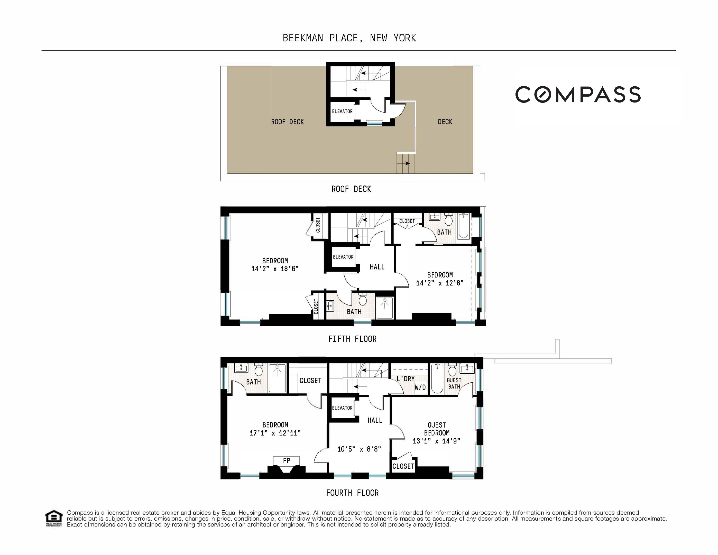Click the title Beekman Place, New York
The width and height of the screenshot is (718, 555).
click(349, 38)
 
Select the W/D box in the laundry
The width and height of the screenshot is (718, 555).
click(420, 387)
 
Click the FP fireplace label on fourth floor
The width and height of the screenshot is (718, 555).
click(286, 461)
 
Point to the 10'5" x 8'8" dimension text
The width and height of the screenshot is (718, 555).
click(359, 449)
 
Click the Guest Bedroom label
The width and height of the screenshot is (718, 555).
click(437, 429)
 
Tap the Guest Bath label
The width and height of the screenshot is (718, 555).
click(454, 383)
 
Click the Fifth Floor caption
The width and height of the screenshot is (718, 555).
click(352, 339)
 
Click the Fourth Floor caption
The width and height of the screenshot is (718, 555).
click(352, 493)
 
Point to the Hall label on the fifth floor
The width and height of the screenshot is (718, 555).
click(377, 267)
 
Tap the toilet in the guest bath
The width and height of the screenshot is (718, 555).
click(452, 371)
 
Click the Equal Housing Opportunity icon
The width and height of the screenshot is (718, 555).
click(54, 518)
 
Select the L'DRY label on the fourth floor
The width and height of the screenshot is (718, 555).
click(405, 379)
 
